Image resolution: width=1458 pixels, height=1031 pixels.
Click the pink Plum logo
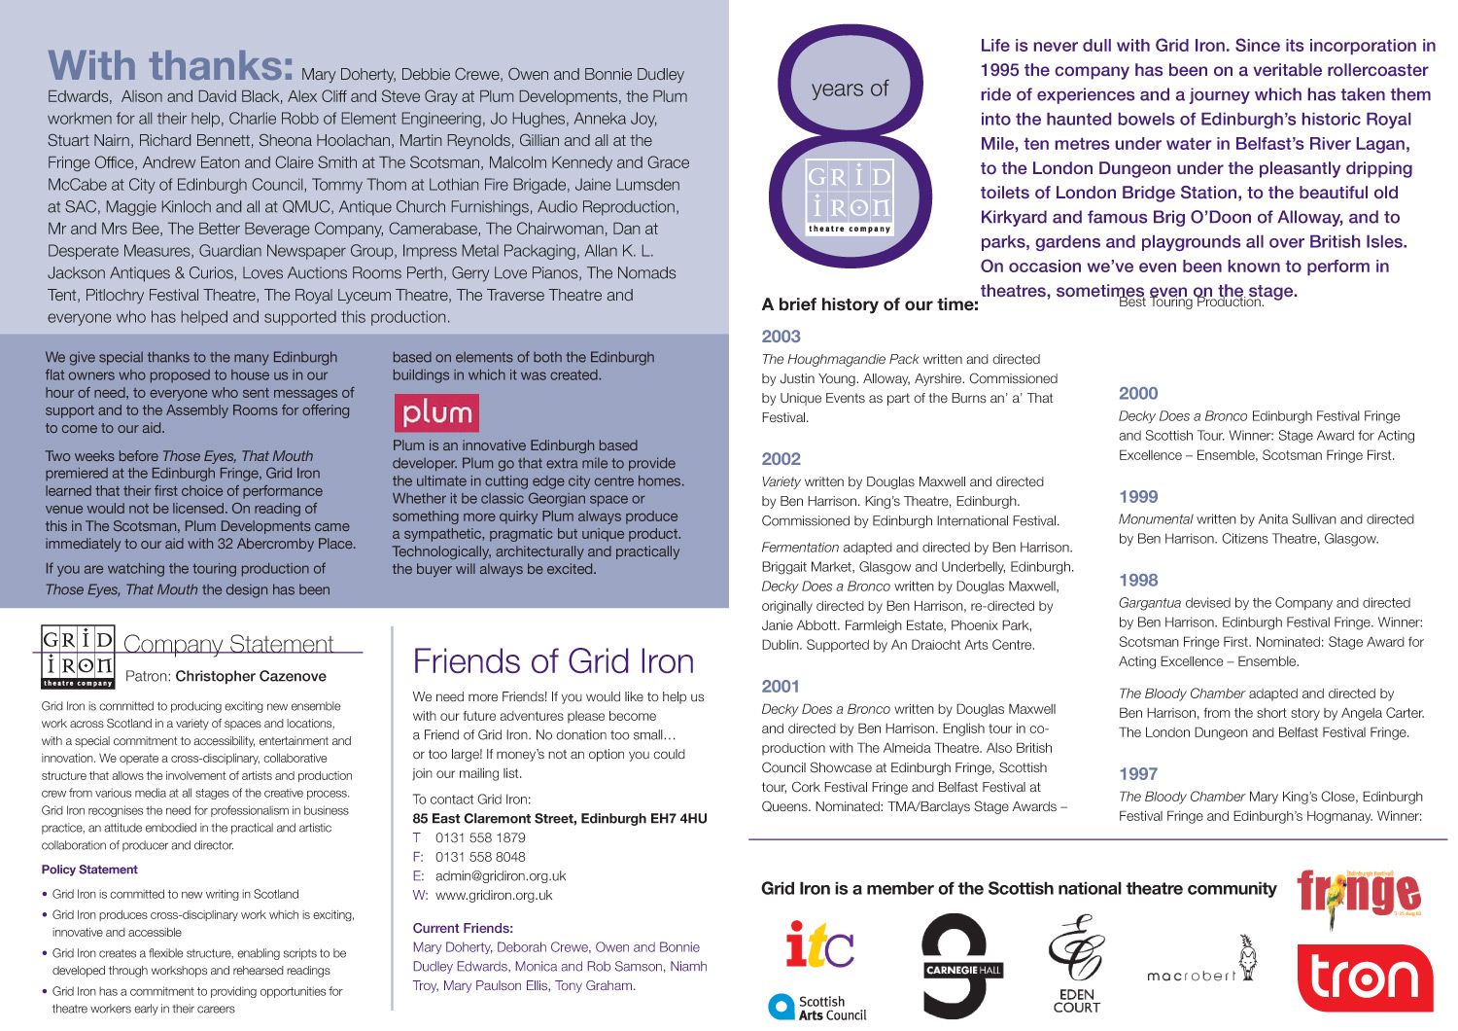pos(436,413)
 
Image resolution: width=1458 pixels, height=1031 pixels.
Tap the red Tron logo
pos(1365,978)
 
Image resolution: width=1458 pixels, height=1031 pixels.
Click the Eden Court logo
pos(1076,964)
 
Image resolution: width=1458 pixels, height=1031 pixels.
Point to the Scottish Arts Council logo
pos(817,1008)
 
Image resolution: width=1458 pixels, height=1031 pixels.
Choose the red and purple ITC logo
pos(819,944)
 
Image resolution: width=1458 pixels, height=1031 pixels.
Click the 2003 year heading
pos(781,337)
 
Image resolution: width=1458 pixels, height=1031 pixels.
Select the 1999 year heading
pos(1138,497)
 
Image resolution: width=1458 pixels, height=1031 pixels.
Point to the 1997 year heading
pos(1138,774)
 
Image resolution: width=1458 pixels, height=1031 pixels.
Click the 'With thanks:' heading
pos(171,66)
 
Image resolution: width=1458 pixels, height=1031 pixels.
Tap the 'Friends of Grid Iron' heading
pos(553,661)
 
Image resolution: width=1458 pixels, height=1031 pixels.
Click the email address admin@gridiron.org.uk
pos(501,875)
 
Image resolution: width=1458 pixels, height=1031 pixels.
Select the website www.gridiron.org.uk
pos(494,895)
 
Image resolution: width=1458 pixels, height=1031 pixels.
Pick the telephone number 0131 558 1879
pos(480,837)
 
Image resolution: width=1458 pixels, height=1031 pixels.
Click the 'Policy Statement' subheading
pos(89,870)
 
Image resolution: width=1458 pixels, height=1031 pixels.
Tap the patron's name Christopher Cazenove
pos(251,676)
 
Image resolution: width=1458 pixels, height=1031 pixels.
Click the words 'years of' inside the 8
pos(850,89)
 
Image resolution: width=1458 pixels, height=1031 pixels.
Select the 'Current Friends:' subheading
pos(463,928)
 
